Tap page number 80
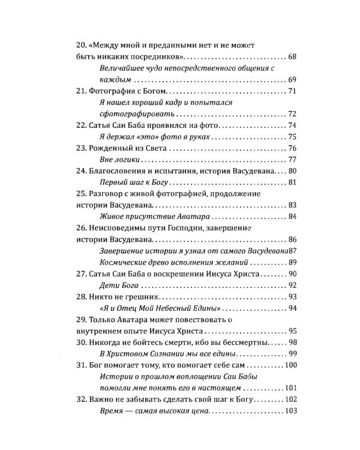click(x=293, y=172)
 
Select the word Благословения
click(x=123, y=172)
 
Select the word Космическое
click(x=125, y=263)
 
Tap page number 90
click(x=293, y=274)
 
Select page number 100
click(x=290, y=365)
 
